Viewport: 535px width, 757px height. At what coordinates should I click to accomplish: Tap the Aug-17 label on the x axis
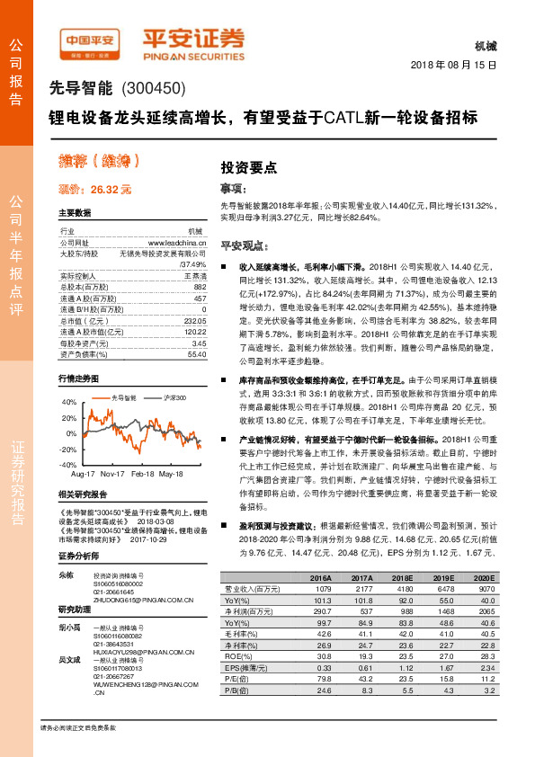(83, 472)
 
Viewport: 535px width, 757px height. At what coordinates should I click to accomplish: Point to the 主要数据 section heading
(75, 214)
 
